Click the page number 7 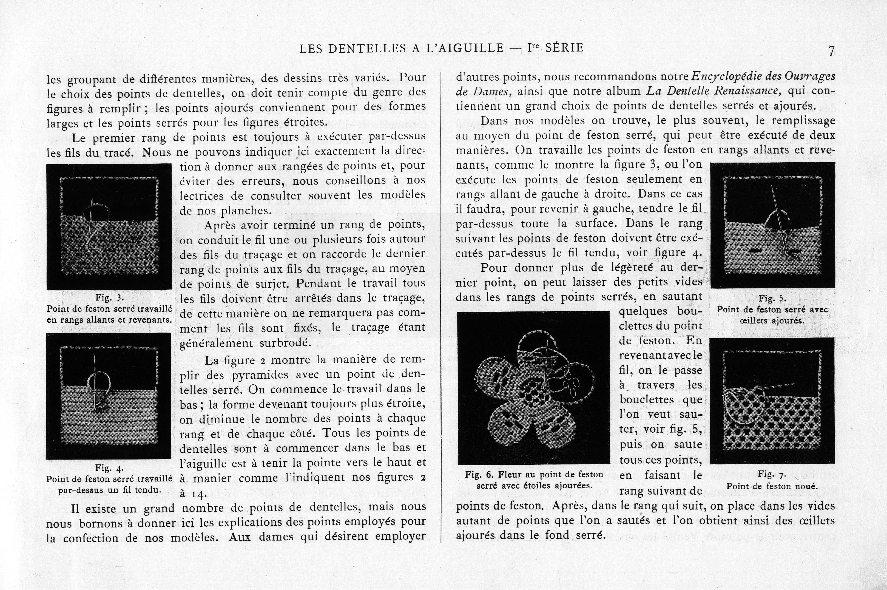click(x=831, y=51)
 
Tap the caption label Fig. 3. click(x=109, y=298)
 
